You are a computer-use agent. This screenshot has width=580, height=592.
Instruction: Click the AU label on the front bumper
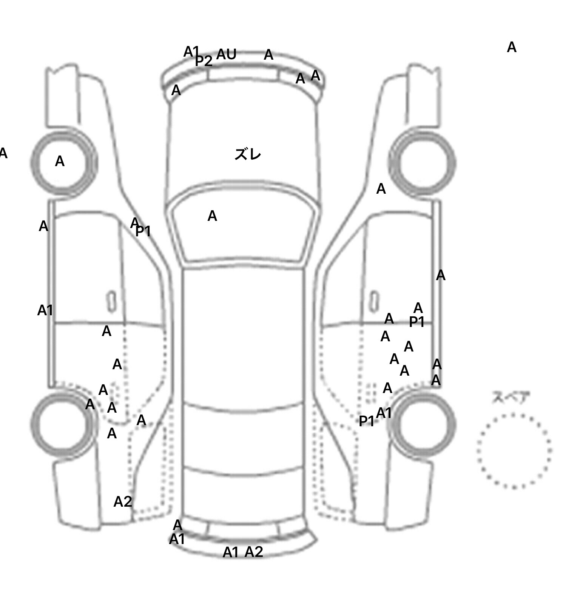click(226, 55)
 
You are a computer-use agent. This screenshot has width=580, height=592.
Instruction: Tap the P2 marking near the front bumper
click(204, 61)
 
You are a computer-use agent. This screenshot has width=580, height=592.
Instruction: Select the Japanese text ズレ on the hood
click(248, 154)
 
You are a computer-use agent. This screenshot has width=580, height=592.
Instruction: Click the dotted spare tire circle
click(514, 451)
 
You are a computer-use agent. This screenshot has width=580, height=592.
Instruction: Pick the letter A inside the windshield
click(212, 216)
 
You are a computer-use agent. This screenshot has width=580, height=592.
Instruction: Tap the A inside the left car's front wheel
click(60, 162)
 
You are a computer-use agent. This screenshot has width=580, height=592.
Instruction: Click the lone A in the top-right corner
click(511, 48)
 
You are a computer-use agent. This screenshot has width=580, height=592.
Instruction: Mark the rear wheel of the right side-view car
click(423, 423)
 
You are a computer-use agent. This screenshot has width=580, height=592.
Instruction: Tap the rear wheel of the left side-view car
click(63, 423)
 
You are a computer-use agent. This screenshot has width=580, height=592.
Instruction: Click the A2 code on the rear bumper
click(254, 552)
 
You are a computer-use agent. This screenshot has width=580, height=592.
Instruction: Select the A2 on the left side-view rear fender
click(123, 502)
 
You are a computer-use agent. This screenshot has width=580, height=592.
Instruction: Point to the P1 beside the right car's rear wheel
click(366, 421)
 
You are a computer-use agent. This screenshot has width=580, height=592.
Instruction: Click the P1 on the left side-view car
click(143, 231)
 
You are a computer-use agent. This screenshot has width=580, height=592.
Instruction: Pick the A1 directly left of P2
click(191, 51)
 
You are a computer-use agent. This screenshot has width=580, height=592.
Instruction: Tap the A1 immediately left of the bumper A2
click(231, 553)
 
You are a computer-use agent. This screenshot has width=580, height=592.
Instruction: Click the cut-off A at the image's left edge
click(3, 153)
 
